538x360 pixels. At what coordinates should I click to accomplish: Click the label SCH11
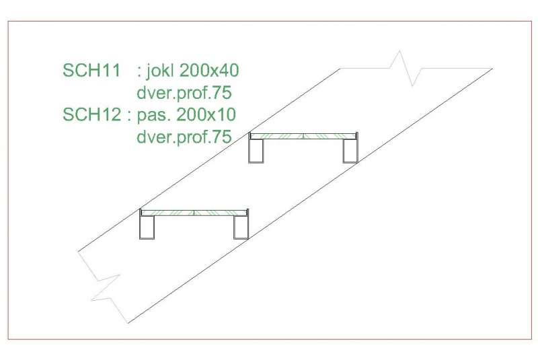pos(91,71)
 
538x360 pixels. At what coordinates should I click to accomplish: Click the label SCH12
pos(91,114)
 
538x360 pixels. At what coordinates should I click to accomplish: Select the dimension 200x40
pos(209,71)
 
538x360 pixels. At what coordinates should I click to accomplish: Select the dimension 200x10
pos(206,114)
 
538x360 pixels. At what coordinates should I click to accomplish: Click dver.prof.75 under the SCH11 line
pos(184,94)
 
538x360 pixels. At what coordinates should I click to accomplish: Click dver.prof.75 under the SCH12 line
pos(184,137)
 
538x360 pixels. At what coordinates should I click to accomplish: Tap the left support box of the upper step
pos(257,151)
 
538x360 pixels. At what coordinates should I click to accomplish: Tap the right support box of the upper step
pos(350,151)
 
